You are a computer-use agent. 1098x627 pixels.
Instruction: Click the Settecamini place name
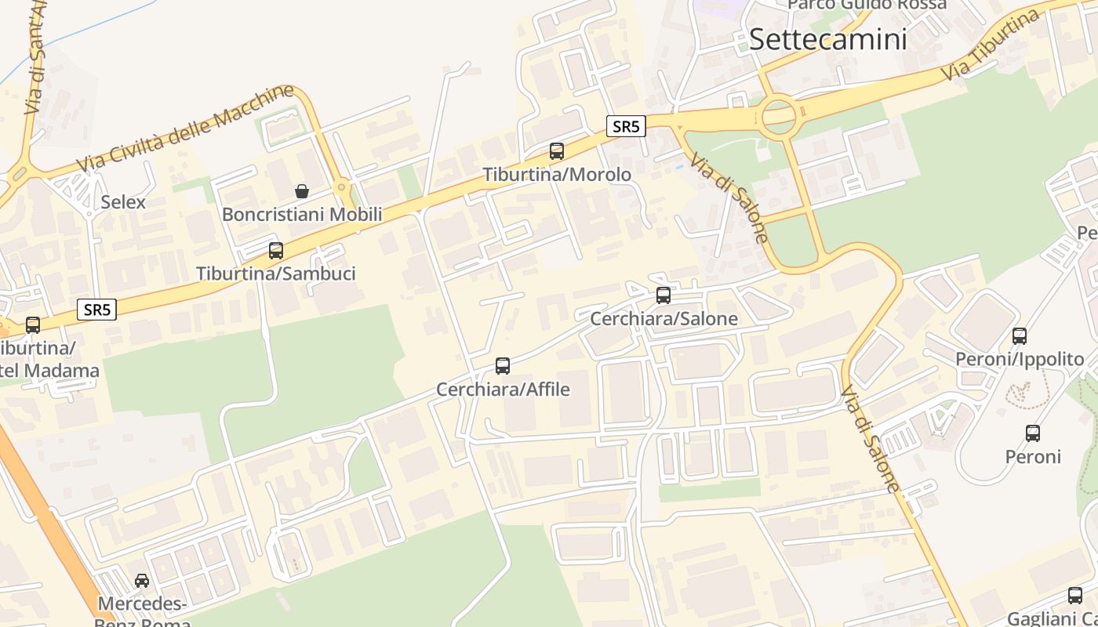[x=827, y=39]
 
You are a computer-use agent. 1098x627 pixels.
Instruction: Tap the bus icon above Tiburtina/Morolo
[x=557, y=151]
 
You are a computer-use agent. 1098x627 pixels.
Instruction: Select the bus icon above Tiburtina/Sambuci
[x=276, y=251]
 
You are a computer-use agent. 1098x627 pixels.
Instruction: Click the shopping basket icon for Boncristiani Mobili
[x=302, y=190]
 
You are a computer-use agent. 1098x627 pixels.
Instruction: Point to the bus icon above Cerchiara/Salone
[x=664, y=295]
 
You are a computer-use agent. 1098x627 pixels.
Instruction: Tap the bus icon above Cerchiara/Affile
[x=503, y=365]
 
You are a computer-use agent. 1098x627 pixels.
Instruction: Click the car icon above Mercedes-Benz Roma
[x=142, y=581]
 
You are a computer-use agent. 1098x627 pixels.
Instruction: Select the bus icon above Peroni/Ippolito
[x=1020, y=336]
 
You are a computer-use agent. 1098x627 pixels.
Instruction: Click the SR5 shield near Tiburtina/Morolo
[x=626, y=126]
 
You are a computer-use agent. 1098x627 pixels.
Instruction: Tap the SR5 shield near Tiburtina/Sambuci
[x=97, y=310]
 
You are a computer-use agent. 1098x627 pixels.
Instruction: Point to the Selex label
[x=123, y=202]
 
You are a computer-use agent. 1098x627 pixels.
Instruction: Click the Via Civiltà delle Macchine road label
[x=185, y=129]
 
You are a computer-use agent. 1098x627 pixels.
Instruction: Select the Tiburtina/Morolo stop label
[x=557, y=175]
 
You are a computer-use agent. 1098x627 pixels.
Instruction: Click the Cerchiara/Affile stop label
[x=503, y=390]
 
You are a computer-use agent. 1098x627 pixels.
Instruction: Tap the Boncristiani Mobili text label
[x=302, y=215]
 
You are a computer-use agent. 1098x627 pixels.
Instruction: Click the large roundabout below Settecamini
[x=779, y=117]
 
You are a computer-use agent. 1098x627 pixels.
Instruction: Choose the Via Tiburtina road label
[x=992, y=45]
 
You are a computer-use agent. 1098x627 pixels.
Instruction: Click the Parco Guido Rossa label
[x=867, y=5]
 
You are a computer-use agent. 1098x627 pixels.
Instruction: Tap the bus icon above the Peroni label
[x=1033, y=433]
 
